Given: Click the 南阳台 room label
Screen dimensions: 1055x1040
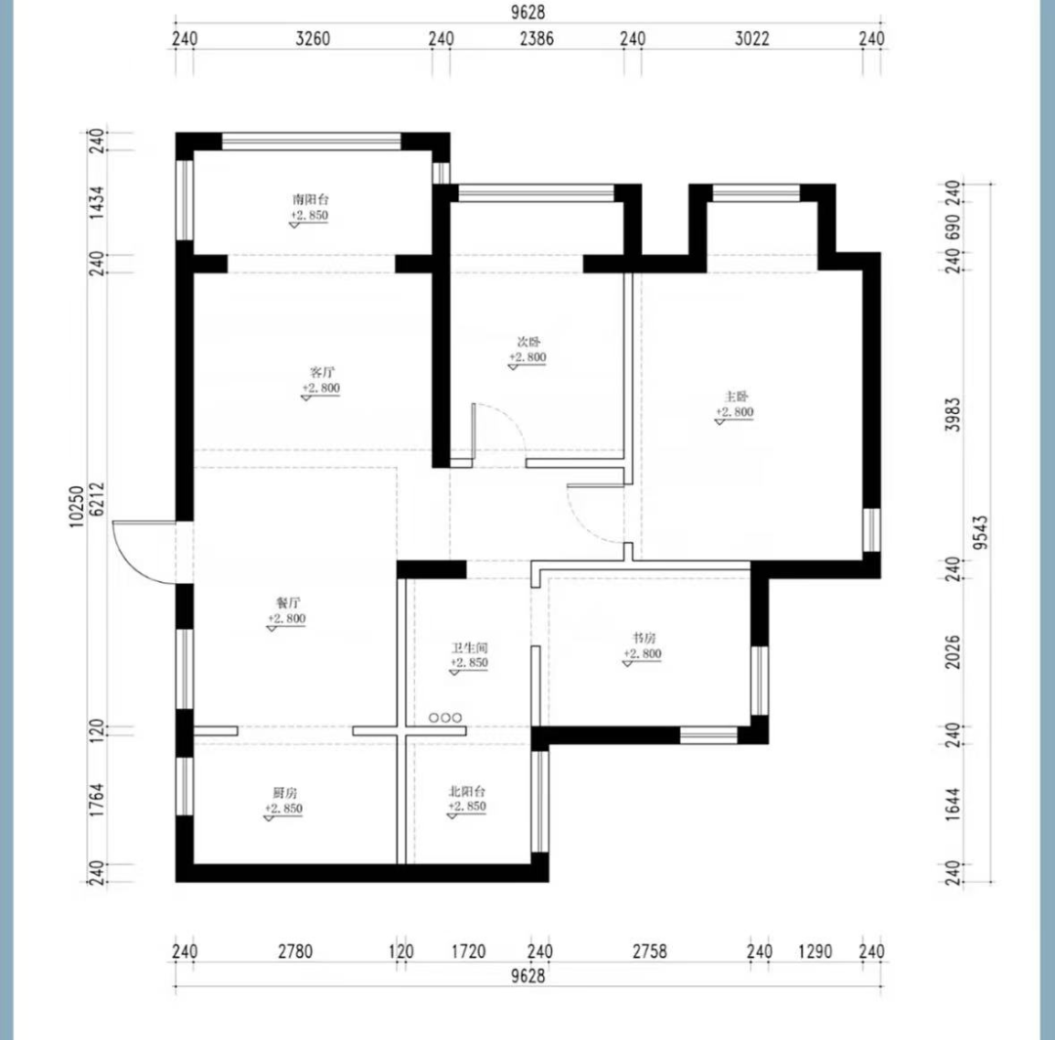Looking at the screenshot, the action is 311,199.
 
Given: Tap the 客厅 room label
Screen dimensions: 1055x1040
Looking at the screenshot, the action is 321,372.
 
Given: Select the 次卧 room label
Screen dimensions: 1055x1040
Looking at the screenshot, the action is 528,343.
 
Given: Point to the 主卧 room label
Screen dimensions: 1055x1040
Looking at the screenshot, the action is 737,396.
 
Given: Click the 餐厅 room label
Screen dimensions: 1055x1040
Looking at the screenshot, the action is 288,603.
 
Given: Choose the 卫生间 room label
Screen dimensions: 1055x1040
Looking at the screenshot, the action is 469,647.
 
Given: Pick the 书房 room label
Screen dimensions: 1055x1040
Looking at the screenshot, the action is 643,638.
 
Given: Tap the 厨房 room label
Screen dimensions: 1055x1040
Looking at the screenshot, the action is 285,793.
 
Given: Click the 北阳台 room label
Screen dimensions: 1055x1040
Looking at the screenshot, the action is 467,791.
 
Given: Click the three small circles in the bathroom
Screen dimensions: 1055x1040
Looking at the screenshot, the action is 445,718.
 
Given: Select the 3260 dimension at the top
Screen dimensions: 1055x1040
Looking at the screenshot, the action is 313,39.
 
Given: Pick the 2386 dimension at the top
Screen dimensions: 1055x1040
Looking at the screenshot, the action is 537,39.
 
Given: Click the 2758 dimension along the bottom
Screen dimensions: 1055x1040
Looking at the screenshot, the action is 650,951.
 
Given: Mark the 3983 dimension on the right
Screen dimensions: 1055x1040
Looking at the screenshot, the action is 952,414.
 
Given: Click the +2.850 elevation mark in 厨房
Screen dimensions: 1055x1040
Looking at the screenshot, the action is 284,809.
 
